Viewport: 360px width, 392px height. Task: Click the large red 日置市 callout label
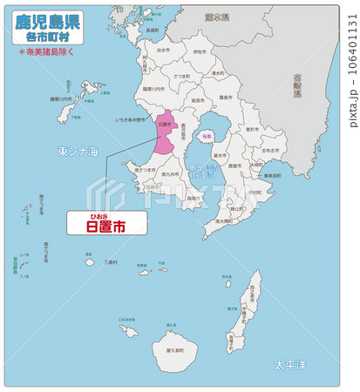pos(105,226)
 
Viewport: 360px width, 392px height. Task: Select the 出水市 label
pos(162,51)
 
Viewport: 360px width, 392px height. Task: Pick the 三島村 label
pos(110,261)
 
